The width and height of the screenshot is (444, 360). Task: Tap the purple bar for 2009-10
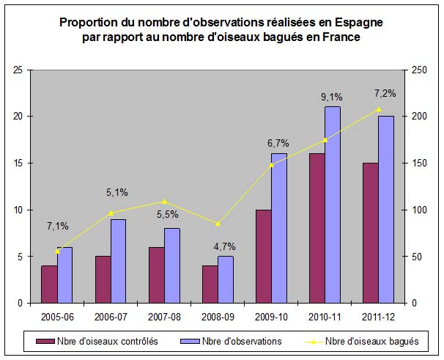click(263, 256)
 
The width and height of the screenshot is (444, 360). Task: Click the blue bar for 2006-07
click(118, 261)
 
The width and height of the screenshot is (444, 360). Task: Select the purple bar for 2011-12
click(370, 232)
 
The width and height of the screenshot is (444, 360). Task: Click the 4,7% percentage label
click(223, 246)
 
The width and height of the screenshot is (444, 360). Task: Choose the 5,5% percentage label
click(169, 215)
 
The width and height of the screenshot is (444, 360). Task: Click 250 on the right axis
click(418, 70)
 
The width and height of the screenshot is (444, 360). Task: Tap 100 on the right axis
click(418, 210)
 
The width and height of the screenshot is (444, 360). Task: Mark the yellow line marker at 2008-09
click(218, 224)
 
